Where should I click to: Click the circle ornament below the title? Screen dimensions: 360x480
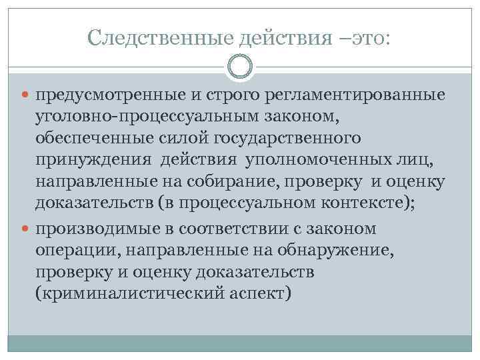click(240, 67)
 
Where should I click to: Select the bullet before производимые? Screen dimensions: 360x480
click(27, 229)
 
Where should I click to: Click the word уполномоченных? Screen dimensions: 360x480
click(319, 161)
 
